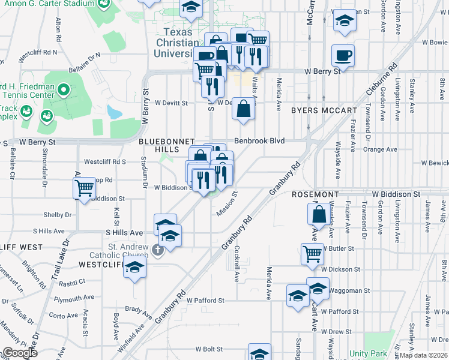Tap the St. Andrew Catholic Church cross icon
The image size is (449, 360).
tap(157, 250)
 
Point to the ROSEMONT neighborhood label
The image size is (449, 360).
tap(316, 195)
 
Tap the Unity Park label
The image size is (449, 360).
tap(367, 354)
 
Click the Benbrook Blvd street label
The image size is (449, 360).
tap(259, 141)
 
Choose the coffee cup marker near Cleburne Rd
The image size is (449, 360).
tap(343, 55)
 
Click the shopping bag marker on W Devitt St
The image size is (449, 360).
tap(243, 109)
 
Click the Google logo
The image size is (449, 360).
tap(20, 353)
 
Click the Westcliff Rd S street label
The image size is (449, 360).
tap(105, 162)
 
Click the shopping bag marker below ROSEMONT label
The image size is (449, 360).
tap(320, 214)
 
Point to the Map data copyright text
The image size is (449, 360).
tap(424, 355)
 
